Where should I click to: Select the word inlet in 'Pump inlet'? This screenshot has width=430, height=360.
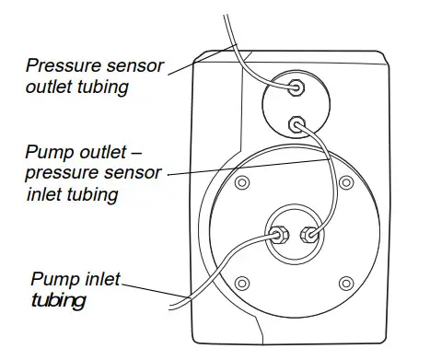coord(99,279)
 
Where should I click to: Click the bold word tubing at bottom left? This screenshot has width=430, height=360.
coord(56,299)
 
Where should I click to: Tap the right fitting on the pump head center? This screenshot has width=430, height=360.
coord(311,234)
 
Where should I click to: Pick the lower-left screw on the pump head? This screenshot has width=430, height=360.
coord(241,282)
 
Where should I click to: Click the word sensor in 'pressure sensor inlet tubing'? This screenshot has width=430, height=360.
coord(134,172)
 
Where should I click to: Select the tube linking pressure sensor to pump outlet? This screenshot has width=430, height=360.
coord(328,166)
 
